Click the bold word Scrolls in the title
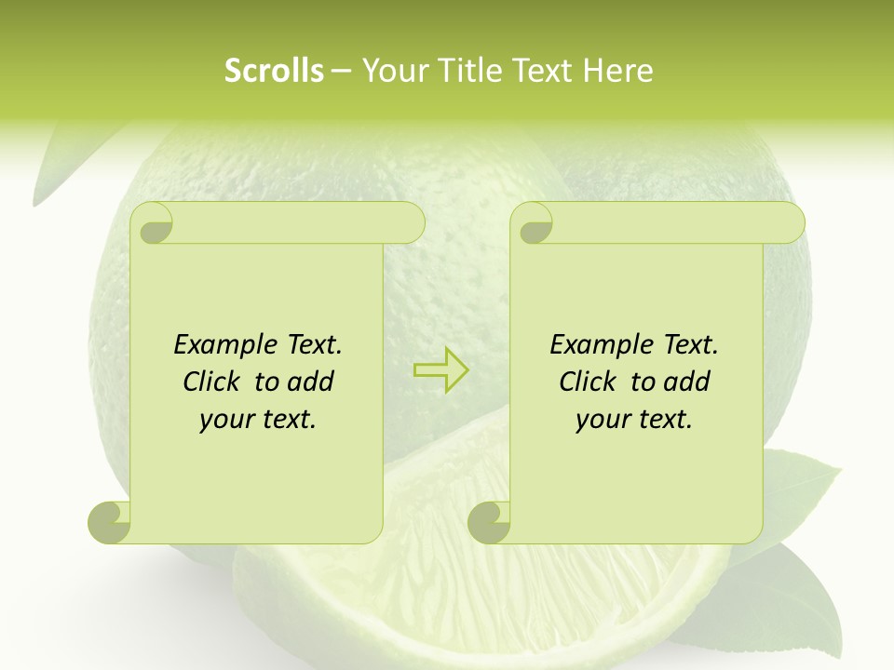tap(274, 71)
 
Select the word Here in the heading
tap(617, 71)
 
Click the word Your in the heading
tap(392, 71)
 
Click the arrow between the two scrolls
tap(441, 370)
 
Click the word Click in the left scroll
tap(203, 382)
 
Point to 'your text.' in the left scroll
tap(258, 419)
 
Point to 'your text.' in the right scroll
tap(634, 419)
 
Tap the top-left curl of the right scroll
tap(534, 224)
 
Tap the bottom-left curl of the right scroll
tap(488, 522)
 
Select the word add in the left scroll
tap(310, 382)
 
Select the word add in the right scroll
tap(686, 382)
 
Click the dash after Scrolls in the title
tap(341, 71)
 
